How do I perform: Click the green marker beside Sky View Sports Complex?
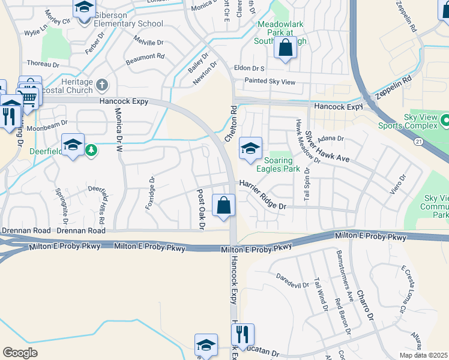[x=445, y=121]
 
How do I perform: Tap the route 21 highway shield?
[x=418, y=140]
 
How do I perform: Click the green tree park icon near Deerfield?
[x=91, y=149]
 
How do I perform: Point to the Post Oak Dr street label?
[x=201, y=209]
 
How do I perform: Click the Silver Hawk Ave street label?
[x=327, y=146]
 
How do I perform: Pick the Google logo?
[x=20, y=353]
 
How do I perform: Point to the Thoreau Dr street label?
[x=42, y=64]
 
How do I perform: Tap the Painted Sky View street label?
[x=270, y=81]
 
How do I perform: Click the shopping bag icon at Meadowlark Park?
[x=286, y=47]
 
